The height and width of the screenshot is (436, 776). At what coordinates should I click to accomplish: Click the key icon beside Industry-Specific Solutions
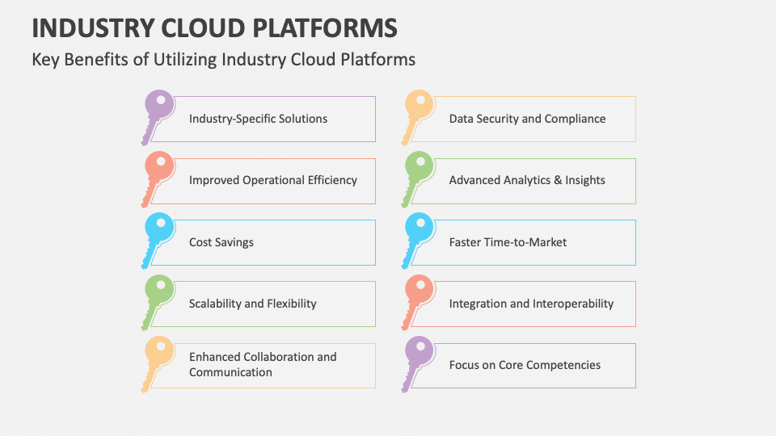pos(158,108)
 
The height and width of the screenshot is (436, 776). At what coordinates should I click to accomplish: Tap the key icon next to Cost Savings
pos(158,232)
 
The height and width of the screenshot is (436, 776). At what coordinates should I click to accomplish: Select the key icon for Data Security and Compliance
pos(419,108)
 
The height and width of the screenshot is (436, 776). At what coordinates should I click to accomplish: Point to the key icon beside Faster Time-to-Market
pos(419,232)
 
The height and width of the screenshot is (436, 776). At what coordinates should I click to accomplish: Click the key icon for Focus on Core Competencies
pos(419,354)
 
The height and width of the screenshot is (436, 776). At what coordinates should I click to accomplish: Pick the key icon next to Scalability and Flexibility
pos(158,293)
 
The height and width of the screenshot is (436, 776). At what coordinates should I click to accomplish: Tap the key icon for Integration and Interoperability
pos(419,293)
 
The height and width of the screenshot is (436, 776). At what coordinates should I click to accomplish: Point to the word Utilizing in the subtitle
pos(186,60)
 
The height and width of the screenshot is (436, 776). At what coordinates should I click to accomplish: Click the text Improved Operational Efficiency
pos(272,180)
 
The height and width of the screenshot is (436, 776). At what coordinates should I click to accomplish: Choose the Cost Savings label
pos(221,242)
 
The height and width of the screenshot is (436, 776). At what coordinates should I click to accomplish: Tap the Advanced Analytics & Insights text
pos(527,180)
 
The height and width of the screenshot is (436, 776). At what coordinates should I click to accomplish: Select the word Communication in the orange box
pos(230,372)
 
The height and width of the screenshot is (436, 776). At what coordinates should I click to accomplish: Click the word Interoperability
pos(573,304)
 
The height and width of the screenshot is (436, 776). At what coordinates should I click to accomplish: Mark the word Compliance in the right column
pos(575,119)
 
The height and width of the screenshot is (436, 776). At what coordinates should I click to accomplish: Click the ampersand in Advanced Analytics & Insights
pos(555,180)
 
